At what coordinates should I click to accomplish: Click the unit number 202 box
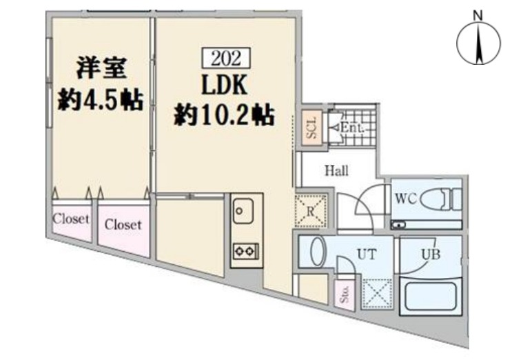[x=226, y=58]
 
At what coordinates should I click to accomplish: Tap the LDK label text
[x=225, y=85]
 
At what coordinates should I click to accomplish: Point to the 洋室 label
[x=101, y=68]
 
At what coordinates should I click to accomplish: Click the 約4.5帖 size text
[x=101, y=99]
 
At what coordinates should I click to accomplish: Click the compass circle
[x=478, y=43]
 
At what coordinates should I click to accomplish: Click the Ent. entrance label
[x=351, y=128]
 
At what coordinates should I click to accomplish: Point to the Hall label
[x=337, y=170]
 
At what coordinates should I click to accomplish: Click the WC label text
[x=407, y=199]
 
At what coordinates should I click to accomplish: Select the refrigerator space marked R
[x=311, y=210]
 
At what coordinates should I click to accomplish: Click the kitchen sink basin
[x=243, y=211]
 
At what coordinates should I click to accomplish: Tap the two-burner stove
[x=246, y=251]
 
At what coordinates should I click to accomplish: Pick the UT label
[x=367, y=254]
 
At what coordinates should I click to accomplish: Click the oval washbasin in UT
[x=317, y=252]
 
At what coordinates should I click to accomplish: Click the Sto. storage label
[x=345, y=294]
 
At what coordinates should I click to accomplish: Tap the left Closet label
[x=71, y=219]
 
